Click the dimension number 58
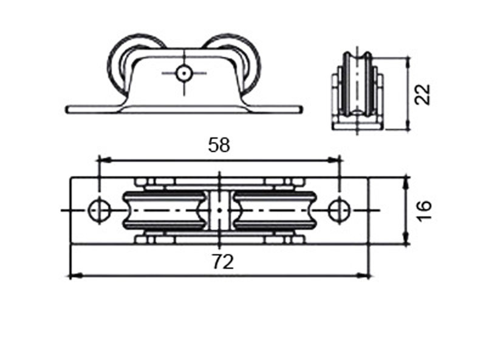click(219, 145)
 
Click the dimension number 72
click(223, 262)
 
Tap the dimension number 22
click(422, 94)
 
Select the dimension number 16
click(423, 210)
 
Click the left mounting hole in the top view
click(99, 210)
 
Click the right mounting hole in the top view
click(340, 210)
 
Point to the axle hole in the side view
click(184, 74)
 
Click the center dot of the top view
click(219, 210)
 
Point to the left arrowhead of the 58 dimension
click(104, 160)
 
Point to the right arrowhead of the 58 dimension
click(334, 160)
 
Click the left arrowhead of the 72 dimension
click(77, 275)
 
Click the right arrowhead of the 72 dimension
click(363, 275)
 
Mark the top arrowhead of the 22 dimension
click(408, 63)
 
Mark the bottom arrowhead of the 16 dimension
click(406, 238)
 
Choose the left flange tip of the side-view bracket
click(67, 109)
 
